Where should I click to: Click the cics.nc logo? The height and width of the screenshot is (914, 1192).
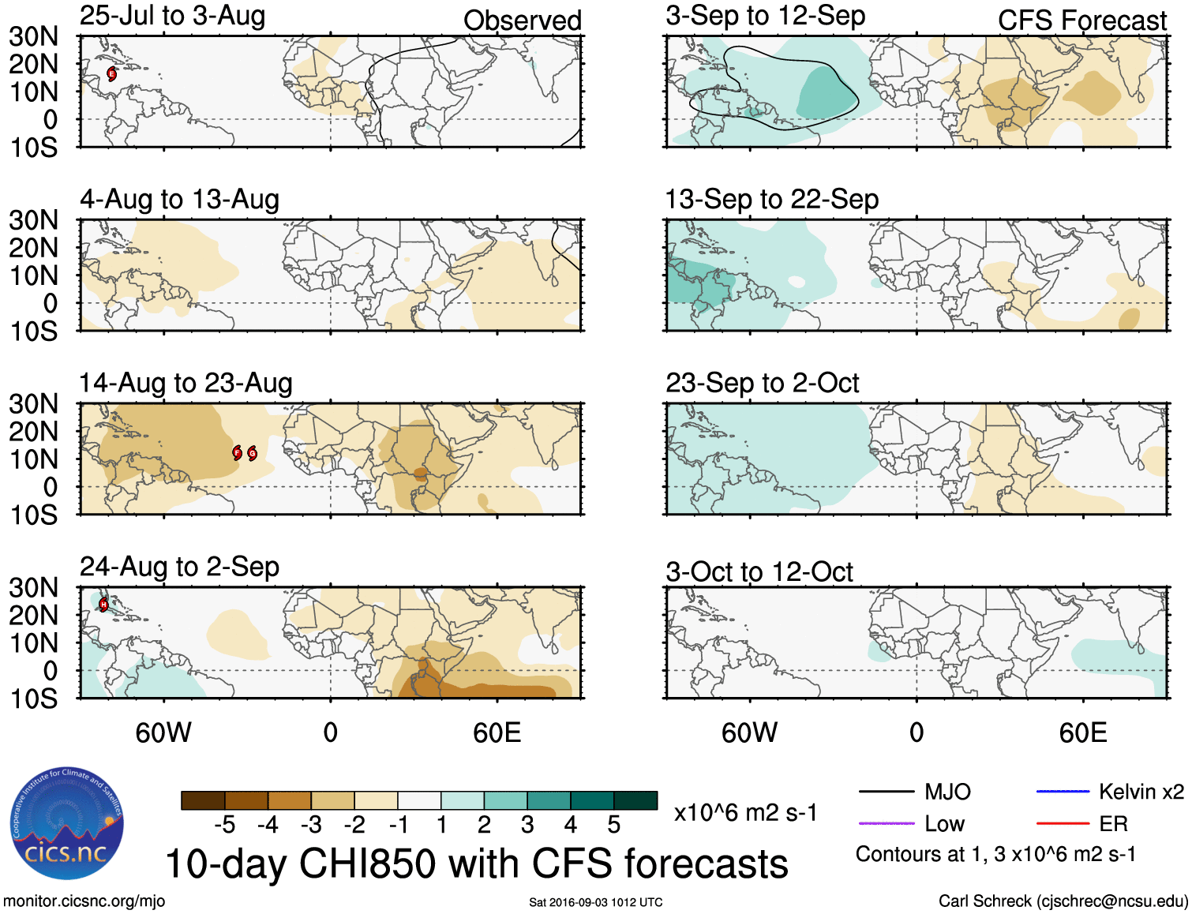66,823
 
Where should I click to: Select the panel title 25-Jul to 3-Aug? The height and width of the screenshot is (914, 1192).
172,16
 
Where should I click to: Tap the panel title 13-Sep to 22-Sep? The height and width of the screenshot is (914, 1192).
771,200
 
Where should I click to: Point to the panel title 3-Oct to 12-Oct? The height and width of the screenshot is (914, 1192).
759,571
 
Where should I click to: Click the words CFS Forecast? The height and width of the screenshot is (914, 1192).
1081,21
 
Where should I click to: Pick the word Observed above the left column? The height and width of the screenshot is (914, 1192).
522,21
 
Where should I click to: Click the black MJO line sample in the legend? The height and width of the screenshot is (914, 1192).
886,792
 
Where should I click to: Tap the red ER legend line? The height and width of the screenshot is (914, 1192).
1062,824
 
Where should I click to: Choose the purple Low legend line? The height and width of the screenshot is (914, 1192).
886,824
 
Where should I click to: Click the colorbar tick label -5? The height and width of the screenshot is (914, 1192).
225,826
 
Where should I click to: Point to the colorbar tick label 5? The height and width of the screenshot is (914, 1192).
614,826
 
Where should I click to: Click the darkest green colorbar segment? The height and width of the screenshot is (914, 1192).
635,800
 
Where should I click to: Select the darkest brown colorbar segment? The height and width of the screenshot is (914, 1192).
203,800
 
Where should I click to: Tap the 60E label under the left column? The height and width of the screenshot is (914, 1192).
497,733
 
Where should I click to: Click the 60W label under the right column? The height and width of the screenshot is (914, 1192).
749,733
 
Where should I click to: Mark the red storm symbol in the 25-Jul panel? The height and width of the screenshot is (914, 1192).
111,74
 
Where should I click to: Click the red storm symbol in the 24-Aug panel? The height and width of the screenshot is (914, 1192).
103,605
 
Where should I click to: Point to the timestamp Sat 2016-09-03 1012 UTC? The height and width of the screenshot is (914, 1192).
595,902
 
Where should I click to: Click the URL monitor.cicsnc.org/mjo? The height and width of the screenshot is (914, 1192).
84,901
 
